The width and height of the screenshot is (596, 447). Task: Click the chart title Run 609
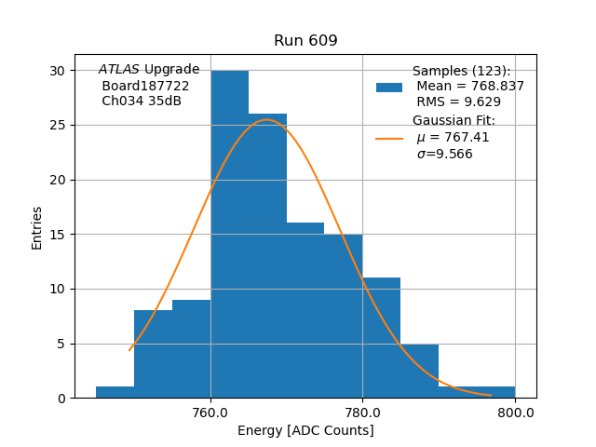[x=305, y=41]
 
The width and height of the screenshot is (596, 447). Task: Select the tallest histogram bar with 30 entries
[x=229, y=233]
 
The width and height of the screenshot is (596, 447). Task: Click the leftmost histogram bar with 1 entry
[x=115, y=392]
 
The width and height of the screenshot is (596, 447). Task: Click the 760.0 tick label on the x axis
[x=210, y=413]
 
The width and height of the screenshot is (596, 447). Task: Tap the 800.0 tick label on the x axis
[x=514, y=413]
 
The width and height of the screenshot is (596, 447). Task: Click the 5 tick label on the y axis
[x=61, y=344]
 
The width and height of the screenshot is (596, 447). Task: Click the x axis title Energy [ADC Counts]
[x=305, y=430]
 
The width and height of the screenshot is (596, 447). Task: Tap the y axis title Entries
[x=37, y=227]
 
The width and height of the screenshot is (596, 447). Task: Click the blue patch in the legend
[x=389, y=87]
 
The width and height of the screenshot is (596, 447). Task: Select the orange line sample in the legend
[x=389, y=138]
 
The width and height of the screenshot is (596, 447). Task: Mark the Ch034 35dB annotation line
[x=141, y=101]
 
